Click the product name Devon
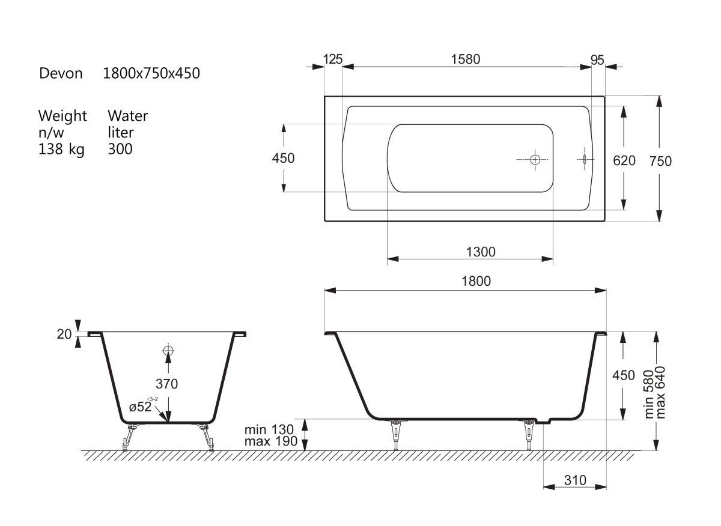tap(61, 73)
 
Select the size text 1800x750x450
tap(151, 73)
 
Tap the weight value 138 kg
tap(61, 150)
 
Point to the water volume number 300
tap(120, 149)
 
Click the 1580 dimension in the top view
tap(466, 59)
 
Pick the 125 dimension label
tap(333, 59)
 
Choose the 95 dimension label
tap(597, 60)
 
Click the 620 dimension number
tap(624, 160)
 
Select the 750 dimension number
tap(660, 161)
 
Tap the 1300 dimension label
tap(481, 252)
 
